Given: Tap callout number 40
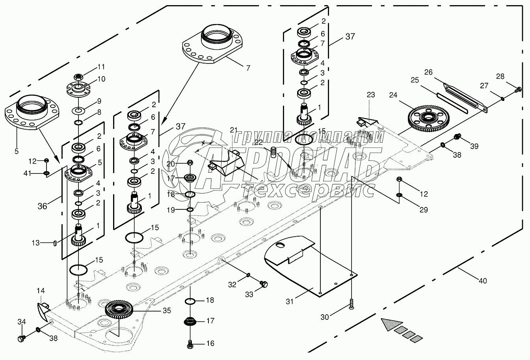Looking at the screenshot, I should coord(482,281).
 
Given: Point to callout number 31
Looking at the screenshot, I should coord(290,302).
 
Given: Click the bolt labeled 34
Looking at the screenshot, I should coord(22,338).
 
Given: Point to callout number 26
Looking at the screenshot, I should coord(428,72).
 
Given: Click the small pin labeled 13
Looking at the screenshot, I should coord(55,243).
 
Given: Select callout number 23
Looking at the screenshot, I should coord(370,95).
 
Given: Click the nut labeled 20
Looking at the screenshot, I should coord(190,162).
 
